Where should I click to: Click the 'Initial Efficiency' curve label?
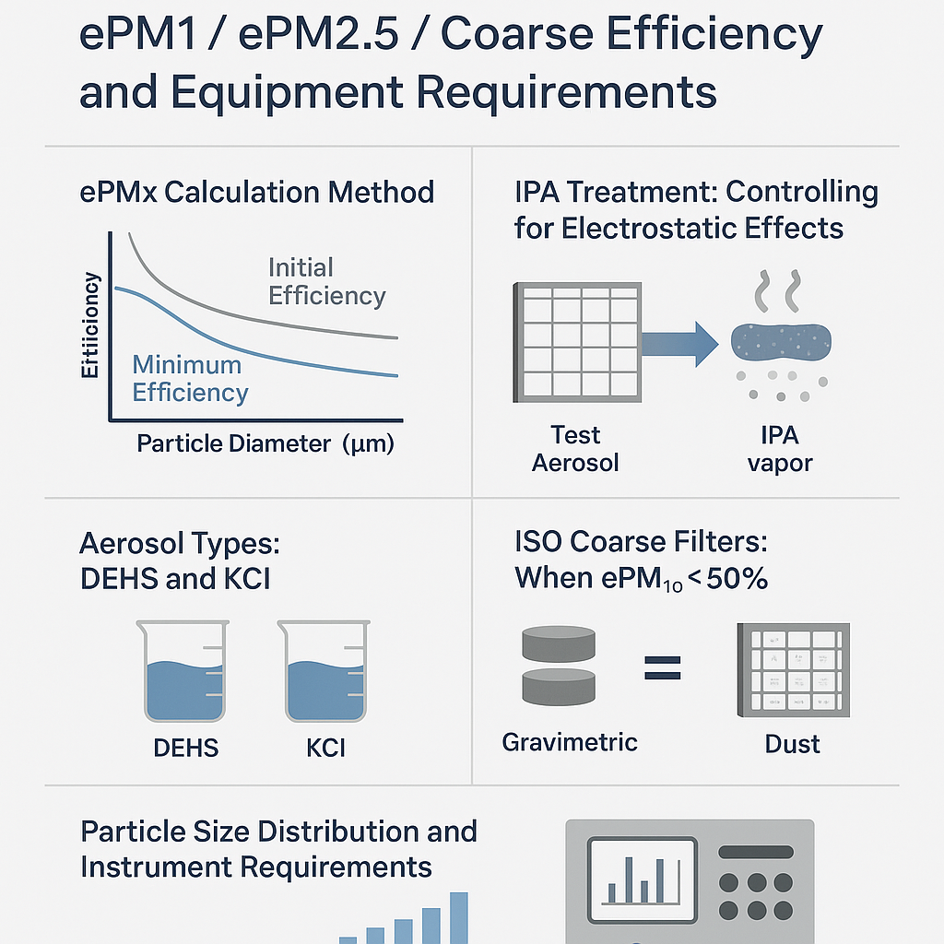tap(326, 282)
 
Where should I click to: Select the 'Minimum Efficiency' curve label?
tap(190, 379)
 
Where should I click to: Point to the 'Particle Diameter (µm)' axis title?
tap(265, 443)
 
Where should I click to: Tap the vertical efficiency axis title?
tap(91, 325)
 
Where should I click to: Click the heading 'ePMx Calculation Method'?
tap(257, 193)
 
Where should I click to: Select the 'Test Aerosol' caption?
tap(575, 448)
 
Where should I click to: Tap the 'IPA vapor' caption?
tap(780, 448)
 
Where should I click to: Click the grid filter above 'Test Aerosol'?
tap(576, 343)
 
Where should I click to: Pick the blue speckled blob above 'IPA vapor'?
tap(781, 343)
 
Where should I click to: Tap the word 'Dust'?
tap(793, 744)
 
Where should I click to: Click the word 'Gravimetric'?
tap(570, 741)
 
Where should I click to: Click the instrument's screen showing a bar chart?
tap(642, 872)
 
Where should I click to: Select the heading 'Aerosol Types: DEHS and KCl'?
tap(180, 560)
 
